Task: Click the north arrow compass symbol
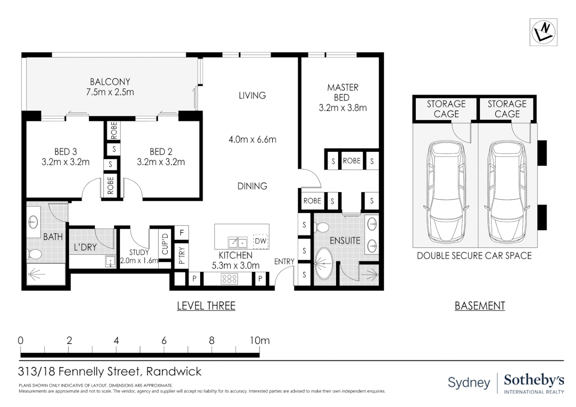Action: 543,32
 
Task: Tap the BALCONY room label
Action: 110,82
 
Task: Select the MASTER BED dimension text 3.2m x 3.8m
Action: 343,108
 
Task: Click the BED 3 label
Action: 66,152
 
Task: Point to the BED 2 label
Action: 161,152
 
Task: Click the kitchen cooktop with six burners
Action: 230,278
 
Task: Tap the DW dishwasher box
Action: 260,241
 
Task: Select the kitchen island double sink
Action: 237,242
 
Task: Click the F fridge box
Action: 182,233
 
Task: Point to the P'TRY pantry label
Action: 182,255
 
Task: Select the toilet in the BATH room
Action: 34,254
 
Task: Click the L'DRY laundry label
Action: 85,247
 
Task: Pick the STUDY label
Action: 139,252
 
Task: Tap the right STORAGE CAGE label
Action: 507,109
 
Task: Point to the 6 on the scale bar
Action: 164,341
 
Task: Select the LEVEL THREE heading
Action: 206,306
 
